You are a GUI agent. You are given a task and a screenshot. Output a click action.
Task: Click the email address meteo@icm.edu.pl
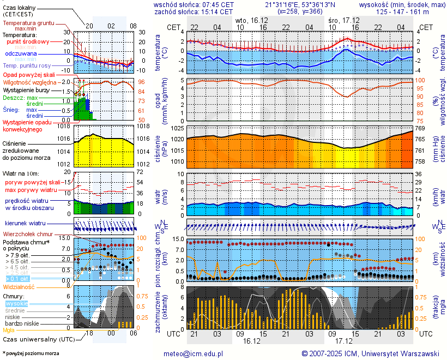coord(194,353)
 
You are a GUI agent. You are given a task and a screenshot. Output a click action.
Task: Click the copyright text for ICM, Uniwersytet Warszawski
coord(370,353)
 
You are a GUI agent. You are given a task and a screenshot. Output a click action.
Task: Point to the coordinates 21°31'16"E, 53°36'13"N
coord(300,4)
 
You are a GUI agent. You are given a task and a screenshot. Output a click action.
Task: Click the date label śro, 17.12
coord(343,20)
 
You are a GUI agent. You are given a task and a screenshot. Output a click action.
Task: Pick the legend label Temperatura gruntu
coord(28,23)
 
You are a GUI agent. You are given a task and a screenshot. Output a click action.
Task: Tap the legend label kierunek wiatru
coord(25,224)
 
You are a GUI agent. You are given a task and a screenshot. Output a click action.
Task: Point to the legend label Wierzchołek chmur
coord(27,233)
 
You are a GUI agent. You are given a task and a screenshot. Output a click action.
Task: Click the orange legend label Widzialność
coord(19,286)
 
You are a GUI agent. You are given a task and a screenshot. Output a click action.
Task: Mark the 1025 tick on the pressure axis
coord(178,129)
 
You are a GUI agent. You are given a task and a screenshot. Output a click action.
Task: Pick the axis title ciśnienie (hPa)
coord(162,146)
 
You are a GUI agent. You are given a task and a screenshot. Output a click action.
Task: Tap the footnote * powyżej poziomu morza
coord(31,353)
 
